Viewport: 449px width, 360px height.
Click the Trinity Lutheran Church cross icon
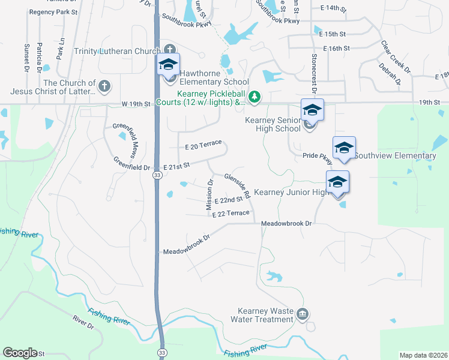[x=170, y=50]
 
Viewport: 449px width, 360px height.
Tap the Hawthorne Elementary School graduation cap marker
[x=169, y=65]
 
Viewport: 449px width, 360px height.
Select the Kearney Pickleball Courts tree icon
[x=255, y=96]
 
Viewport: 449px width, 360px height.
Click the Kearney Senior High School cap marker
[x=312, y=110]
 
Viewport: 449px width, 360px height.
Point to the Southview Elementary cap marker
[x=344, y=148]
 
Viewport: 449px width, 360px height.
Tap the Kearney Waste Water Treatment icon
[x=302, y=314]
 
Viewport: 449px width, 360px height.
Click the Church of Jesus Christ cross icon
[x=104, y=87]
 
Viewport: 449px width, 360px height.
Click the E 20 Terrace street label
[x=203, y=146]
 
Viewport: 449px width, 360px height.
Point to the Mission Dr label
[x=209, y=194]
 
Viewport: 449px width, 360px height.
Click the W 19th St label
[x=135, y=104]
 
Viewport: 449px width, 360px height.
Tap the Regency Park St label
[x=53, y=12]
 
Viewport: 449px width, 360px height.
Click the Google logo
[x=20, y=353]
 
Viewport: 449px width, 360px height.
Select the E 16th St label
[x=336, y=48]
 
